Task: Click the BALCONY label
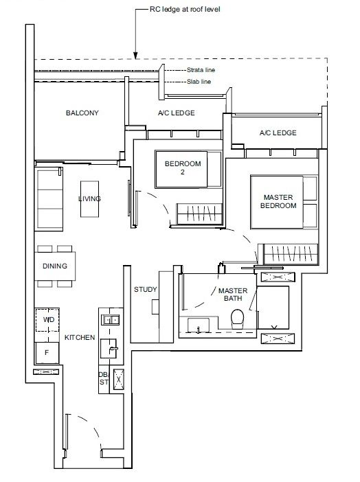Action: pyautogui.click(x=82, y=113)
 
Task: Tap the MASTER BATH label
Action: pyautogui.click(x=233, y=295)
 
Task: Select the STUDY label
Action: pyautogui.click(x=145, y=289)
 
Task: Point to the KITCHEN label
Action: pyautogui.click(x=80, y=337)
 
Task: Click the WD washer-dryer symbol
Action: pyautogui.click(x=47, y=320)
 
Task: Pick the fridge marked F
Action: pyautogui.click(x=47, y=353)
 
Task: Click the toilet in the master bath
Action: pyautogui.click(x=237, y=319)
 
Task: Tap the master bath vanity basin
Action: pyautogui.click(x=199, y=325)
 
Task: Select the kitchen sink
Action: pyautogui.click(x=109, y=348)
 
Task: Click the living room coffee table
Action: pyautogui.click(x=89, y=199)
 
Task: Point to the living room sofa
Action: pyautogui.click(x=49, y=199)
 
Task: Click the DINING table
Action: pyautogui.click(x=55, y=266)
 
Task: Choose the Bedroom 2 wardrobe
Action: pyautogui.click(x=199, y=214)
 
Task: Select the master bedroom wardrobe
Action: pyautogui.click(x=291, y=254)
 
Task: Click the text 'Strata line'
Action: pyautogui.click(x=201, y=70)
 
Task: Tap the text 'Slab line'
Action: pyautogui.click(x=199, y=82)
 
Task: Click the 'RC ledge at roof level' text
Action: pyautogui.click(x=185, y=9)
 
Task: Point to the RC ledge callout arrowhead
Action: pyautogui.click(x=135, y=56)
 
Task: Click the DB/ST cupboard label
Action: pyautogui.click(x=104, y=378)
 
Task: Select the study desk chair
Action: pyautogui.click(x=155, y=307)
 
